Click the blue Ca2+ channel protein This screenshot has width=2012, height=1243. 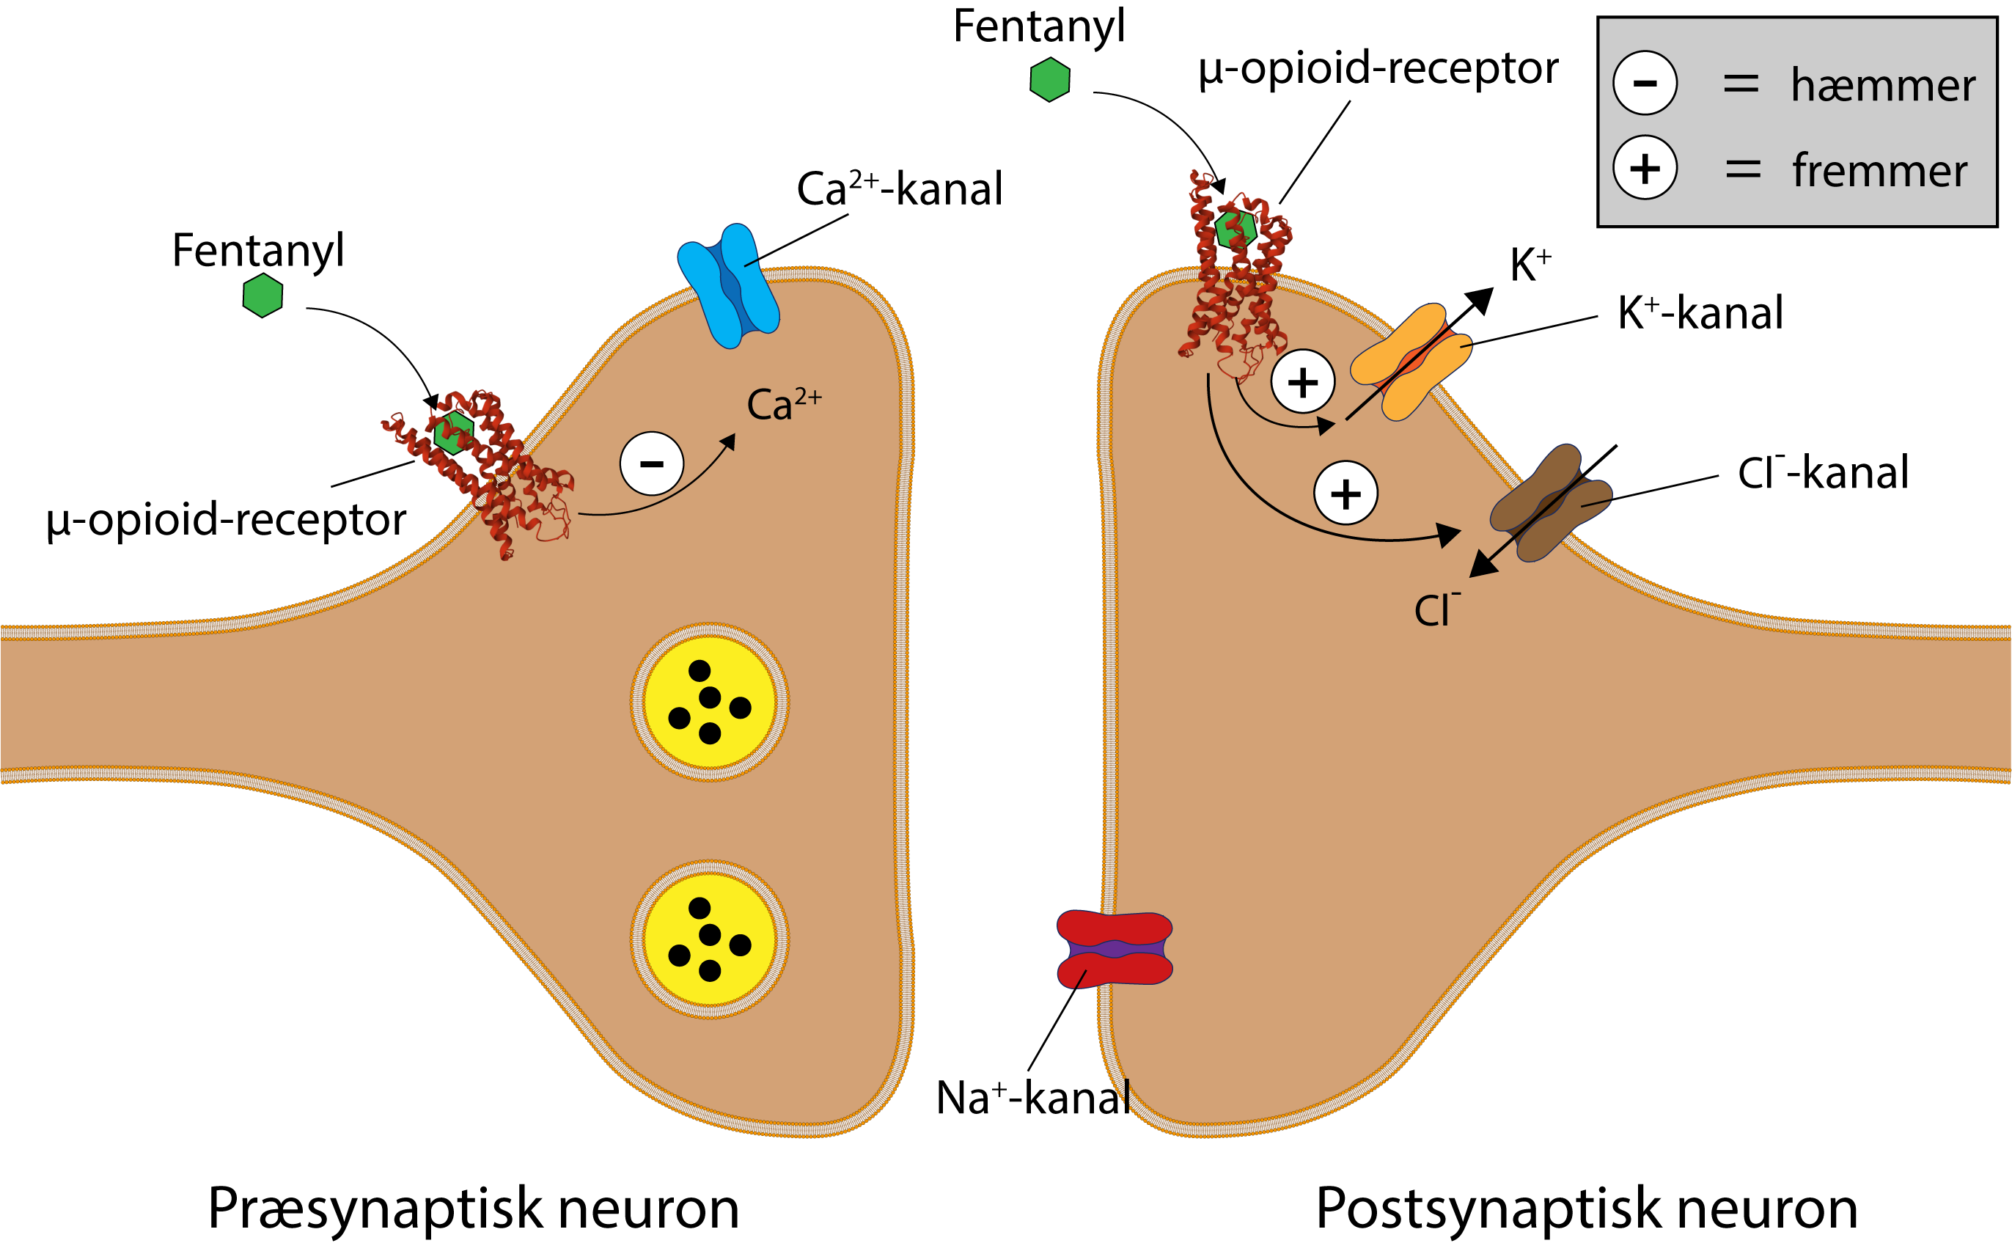(x=728, y=286)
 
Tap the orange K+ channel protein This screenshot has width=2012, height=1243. (x=1410, y=362)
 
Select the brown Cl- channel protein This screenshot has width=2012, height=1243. (x=1551, y=502)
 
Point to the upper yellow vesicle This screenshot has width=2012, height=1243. (x=709, y=701)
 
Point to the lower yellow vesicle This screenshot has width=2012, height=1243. (x=709, y=939)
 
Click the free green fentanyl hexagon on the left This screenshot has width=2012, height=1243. (x=263, y=295)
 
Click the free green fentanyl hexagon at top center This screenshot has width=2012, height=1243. (x=1049, y=80)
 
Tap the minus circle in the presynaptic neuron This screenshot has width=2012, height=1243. (x=652, y=463)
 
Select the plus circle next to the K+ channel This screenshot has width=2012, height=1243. (x=1303, y=381)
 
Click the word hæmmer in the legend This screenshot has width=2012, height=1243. (x=1882, y=86)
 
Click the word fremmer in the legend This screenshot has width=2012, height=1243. (x=1880, y=171)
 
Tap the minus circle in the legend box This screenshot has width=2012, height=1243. (x=1645, y=83)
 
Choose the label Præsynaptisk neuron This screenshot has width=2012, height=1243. (x=474, y=1209)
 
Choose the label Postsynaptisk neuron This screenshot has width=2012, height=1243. (x=1586, y=1209)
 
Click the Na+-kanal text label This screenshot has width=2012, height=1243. (x=1033, y=1098)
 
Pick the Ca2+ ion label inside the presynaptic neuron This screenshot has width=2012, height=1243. (x=782, y=405)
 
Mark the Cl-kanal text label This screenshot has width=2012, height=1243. (x=1822, y=473)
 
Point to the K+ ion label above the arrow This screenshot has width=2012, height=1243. (x=1530, y=265)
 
